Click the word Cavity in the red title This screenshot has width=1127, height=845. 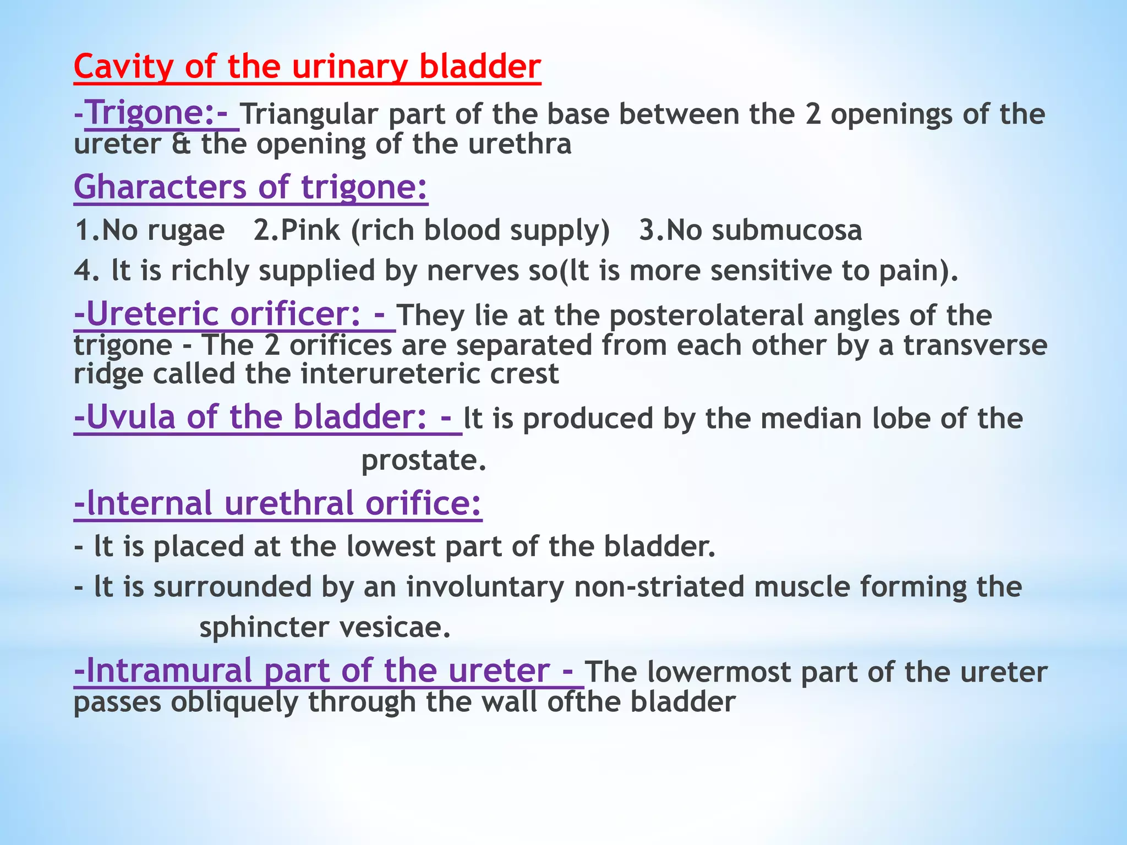[123, 67]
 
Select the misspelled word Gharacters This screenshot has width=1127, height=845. [160, 187]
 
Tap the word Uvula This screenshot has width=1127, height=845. [131, 417]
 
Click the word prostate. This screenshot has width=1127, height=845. [423, 461]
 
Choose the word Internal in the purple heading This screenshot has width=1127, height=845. [150, 503]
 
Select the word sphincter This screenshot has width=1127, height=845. [264, 628]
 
